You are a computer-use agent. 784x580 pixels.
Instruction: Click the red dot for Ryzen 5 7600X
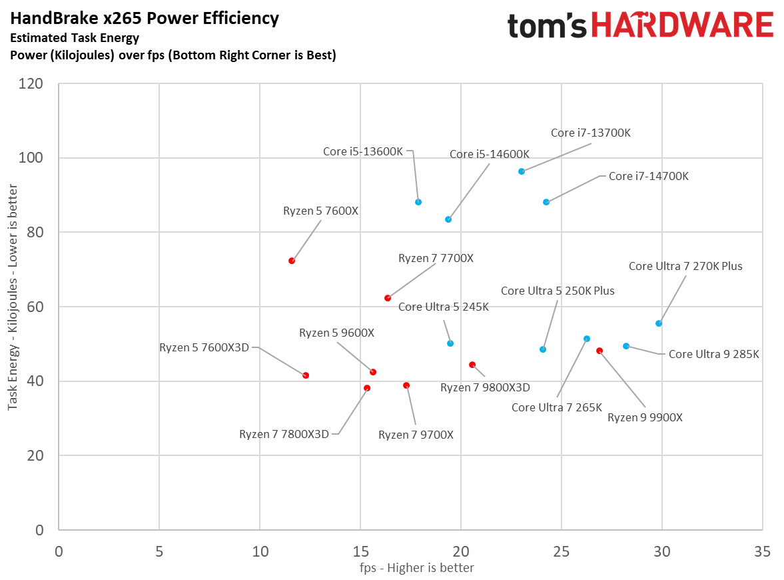(292, 261)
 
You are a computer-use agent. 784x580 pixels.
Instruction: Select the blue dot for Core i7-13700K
(522, 171)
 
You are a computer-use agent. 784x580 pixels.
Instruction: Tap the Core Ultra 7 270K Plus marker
(659, 323)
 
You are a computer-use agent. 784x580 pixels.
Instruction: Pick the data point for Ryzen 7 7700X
(388, 298)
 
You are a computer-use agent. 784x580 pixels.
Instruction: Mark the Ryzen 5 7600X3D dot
(306, 375)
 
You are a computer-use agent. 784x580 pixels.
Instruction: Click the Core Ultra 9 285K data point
(626, 346)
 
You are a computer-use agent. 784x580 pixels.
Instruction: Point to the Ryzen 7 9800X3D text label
(485, 387)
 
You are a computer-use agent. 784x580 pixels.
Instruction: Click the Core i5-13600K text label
(363, 151)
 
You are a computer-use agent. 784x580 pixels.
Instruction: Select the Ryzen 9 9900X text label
(645, 417)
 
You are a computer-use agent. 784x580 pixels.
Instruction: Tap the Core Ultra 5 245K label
(444, 307)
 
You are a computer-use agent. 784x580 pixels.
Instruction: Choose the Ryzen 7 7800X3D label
(284, 434)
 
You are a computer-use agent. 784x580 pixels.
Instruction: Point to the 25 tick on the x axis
(561, 552)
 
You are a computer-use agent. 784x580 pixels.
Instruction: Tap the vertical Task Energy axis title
(13, 307)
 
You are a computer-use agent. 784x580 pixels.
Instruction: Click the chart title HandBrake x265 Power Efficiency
(145, 19)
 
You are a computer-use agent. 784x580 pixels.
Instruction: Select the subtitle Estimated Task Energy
(75, 38)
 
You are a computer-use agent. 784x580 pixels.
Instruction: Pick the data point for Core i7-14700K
(546, 202)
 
